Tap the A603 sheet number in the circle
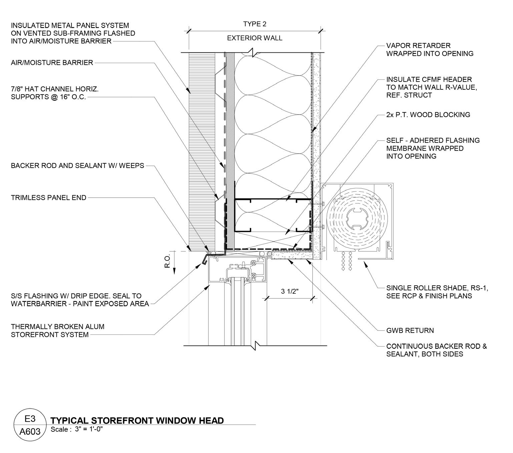[30, 432]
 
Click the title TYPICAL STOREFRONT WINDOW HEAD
[137, 421]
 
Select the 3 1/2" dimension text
[290, 291]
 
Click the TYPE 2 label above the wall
[255, 24]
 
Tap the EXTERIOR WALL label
[254, 38]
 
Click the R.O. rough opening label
[167, 260]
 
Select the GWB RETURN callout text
[410, 330]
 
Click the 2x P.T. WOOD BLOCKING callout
[428, 115]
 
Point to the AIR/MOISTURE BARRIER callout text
[52, 62]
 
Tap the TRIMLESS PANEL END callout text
[49, 198]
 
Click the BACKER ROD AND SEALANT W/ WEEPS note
[77, 166]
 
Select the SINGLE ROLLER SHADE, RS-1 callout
[437, 292]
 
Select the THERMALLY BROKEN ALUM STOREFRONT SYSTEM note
[57, 330]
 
